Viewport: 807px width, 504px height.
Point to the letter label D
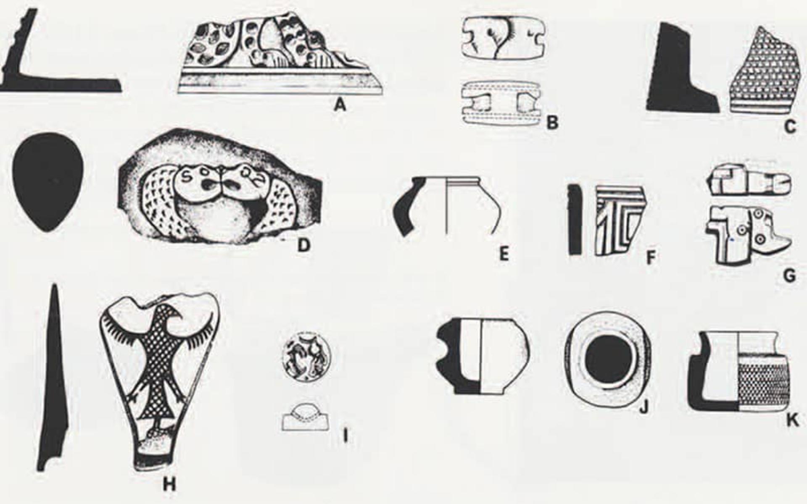click(x=303, y=245)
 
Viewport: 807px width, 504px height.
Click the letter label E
click(x=504, y=254)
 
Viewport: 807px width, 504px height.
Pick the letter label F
click(x=651, y=257)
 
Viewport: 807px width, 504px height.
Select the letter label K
click(x=791, y=420)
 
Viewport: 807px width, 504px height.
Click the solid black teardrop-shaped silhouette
click(x=48, y=181)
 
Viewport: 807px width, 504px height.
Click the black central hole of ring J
click(x=609, y=360)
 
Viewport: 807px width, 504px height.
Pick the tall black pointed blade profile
click(x=53, y=378)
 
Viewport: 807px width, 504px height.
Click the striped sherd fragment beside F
click(x=620, y=221)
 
